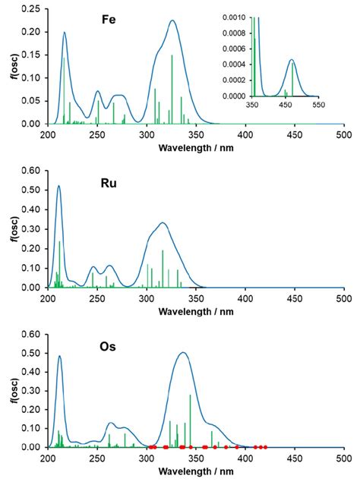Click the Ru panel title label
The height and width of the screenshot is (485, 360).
[x=109, y=182]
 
